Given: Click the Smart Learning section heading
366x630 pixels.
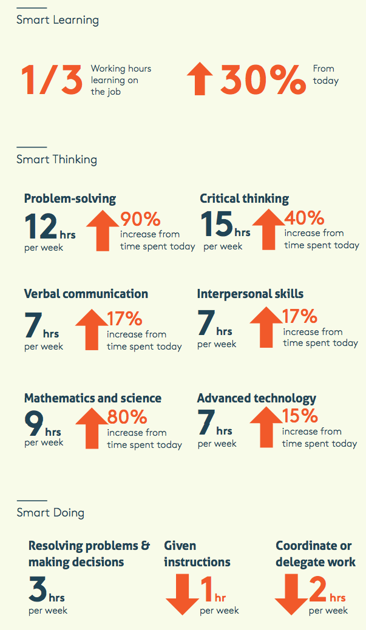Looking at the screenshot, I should coord(57,20).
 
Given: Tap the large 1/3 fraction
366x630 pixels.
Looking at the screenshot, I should coord(52,80).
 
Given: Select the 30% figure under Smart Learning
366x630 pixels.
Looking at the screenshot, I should coord(262,80).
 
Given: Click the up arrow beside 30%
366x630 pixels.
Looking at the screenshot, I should coord(200,80).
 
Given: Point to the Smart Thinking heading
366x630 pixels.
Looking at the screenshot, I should coord(56,160).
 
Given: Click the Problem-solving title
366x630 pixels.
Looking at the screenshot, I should coord(70,198).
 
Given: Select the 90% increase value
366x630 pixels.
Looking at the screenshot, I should coord(140,219).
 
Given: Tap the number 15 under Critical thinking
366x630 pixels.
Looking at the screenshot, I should coord(216,225).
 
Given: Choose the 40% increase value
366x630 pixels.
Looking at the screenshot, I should coord(304,218).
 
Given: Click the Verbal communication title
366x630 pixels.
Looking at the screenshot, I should coord(86,294).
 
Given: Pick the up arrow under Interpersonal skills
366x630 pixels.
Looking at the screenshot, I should coord(266,328).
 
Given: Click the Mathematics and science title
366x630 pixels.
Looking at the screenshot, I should coord(92,398).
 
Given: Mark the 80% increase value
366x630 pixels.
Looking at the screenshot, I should coord(127,418).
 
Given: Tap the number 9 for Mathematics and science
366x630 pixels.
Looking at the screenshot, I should coord(33,424).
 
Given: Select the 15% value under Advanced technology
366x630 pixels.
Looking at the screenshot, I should coord(300,416).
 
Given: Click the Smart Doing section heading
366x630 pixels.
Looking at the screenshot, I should coord(50,513).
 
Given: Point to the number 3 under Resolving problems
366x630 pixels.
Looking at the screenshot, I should coord(38,588).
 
